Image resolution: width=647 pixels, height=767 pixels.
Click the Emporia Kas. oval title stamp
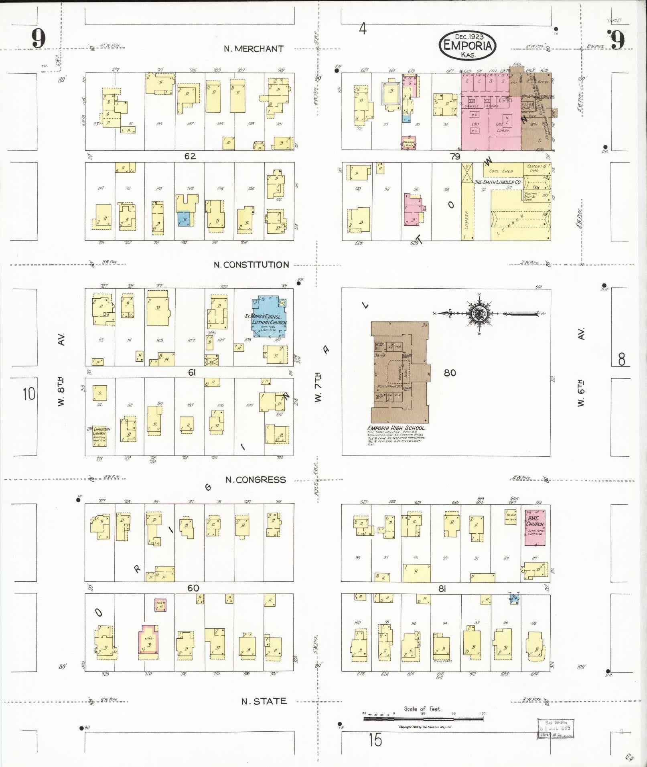click(468, 45)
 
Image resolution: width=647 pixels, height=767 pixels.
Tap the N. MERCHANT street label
click(254, 49)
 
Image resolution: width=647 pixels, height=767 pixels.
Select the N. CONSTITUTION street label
click(251, 265)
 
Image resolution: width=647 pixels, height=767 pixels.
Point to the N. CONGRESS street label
click(256, 480)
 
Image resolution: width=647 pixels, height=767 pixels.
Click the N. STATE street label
click(264, 701)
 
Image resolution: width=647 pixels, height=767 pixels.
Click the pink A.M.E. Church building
click(535, 527)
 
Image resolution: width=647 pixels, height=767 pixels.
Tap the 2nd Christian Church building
click(99, 436)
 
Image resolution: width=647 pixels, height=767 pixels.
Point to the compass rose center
click(480, 314)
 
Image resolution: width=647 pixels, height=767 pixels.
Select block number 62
click(190, 156)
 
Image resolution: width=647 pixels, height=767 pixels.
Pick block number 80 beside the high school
click(450, 373)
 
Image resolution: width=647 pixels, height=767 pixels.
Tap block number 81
click(442, 589)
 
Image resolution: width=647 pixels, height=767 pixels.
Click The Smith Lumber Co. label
click(498, 182)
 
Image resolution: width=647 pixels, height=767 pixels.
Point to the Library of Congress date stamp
click(556, 729)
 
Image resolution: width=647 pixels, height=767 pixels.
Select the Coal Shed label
click(501, 171)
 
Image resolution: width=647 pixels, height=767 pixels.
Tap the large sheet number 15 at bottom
click(375, 740)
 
